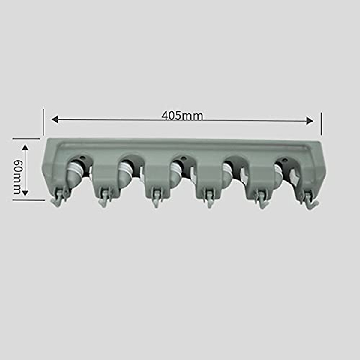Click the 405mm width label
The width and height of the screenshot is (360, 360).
pos(182,115)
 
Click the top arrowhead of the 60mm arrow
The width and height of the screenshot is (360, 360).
pos(25,147)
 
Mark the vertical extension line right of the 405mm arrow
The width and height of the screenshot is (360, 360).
pos(321,124)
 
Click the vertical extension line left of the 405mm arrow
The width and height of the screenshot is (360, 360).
pos(43,122)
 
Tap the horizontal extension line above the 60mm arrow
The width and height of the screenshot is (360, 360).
pos(26,139)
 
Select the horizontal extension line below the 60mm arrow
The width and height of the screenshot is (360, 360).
pos(28,200)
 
